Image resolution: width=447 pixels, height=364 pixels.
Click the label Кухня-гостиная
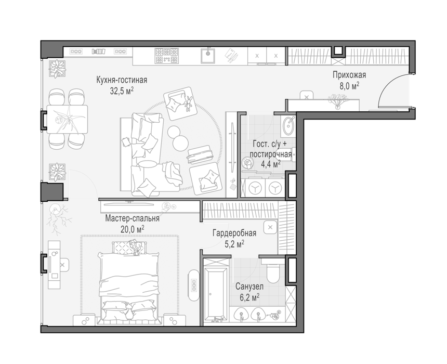click(x=122, y=80)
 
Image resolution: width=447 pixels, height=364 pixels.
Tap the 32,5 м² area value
click(x=122, y=91)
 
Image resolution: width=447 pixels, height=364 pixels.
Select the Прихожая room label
click(x=349, y=75)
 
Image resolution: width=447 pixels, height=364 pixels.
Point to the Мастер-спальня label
click(x=132, y=219)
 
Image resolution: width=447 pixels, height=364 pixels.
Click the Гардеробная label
click(x=234, y=233)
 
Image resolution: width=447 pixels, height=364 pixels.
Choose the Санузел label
click(x=249, y=287)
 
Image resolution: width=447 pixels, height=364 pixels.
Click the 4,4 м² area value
click(x=271, y=164)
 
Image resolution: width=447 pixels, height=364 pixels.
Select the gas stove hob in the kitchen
click(x=167, y=55)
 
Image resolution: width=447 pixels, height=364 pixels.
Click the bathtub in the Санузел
click(x=216, y=292)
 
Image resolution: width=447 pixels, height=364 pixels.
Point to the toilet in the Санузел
click(x=273, y=271)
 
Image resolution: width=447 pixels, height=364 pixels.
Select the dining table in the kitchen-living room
click(x=67, y=119)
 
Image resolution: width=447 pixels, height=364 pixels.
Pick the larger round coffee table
click(x=180, y=143)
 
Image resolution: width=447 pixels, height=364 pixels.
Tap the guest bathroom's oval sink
click(x=288, y=126)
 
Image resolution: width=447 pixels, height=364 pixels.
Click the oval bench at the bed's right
click(x=194, y=285)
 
